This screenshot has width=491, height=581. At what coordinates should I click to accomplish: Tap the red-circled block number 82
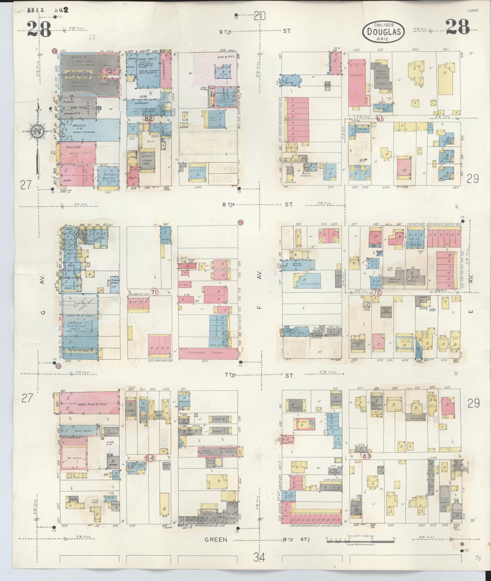click(148, 119)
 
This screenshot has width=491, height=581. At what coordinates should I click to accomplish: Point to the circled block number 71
click(154, 292)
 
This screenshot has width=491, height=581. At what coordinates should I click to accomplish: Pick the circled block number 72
click(376, 292)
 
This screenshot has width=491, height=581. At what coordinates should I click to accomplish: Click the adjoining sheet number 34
click(259, 558)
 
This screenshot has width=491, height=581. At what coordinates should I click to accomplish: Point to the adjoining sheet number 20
click(259, 15)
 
